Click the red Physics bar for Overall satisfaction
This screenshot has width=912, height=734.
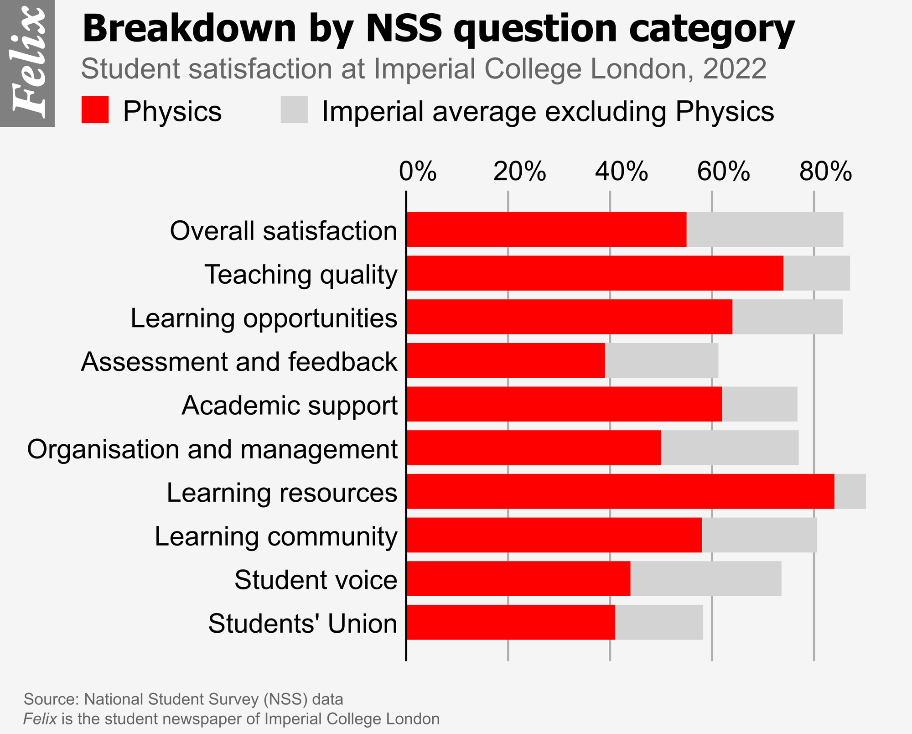click(546, 229)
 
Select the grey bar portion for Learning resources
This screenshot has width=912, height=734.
click(850, 491)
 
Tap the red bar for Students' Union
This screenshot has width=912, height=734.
click(511, 622)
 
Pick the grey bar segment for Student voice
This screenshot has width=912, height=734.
click(706, 578)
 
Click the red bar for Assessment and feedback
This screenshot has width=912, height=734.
click(505, 360)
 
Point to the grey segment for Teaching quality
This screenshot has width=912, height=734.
click(816, 273)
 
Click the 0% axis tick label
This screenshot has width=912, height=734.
click(418, 172)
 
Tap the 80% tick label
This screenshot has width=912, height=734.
click(826, 172)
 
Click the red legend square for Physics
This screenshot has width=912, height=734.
click(95, 109)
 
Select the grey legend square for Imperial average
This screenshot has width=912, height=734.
click(294, 109)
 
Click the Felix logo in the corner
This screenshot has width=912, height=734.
click(27, 63)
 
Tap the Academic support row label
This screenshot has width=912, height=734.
click(290, 405)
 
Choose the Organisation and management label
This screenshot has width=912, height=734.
click(212, 449)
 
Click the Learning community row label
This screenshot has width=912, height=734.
click(276, 536)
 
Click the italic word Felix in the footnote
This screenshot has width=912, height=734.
click(40, 719)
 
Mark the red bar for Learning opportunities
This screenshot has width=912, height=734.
click(569, 317)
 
